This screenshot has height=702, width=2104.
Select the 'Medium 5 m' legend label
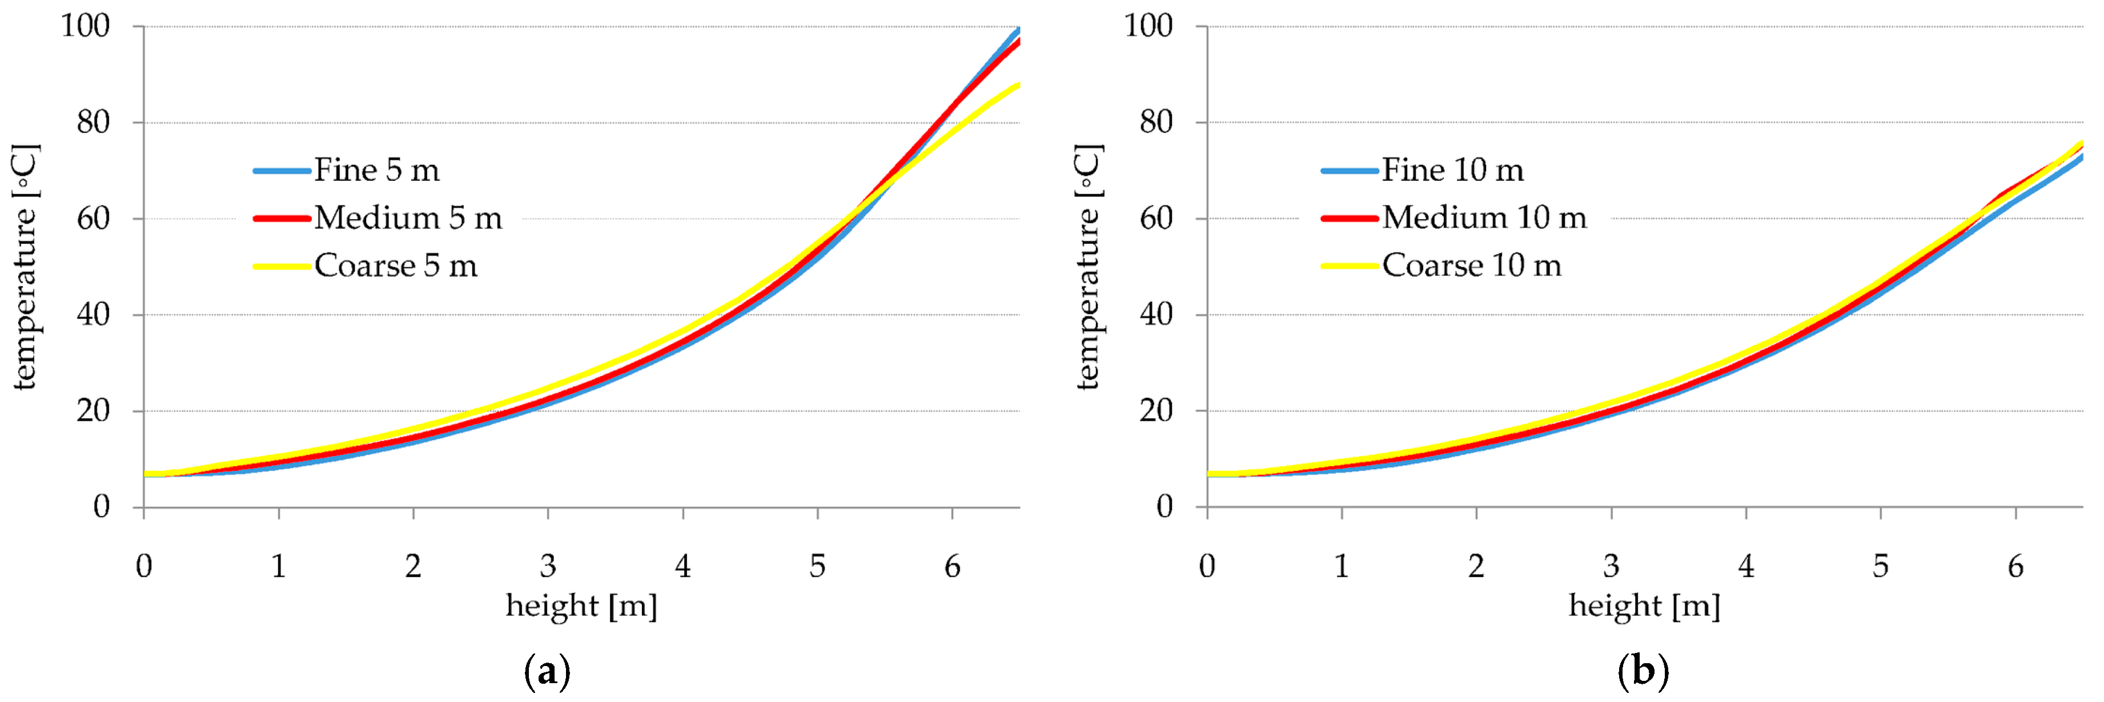click(x=408, y=218)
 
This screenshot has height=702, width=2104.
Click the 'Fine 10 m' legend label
click(x=1452, y=171)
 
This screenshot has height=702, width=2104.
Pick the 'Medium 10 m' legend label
click(x=1484, y=218)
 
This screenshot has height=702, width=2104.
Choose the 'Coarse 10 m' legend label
click(x=1471, y=266)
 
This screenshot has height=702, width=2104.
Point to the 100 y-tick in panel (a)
click(x=85, y=26)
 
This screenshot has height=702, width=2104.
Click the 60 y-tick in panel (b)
click(x=1156, y=219)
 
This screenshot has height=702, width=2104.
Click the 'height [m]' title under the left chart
click(x=581, y=607)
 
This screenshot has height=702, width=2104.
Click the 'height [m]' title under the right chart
click(x=1644, y=607)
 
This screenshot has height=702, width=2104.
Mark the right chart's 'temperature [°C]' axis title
click(x=1089, y=267)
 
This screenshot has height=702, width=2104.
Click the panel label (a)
click(x=547, y=672)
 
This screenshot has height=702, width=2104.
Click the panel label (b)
click(x=1643, y=672)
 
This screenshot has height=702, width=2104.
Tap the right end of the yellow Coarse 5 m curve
click(x=1017, y=86)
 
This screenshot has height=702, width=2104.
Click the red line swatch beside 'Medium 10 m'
click(x=1350, y=219)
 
